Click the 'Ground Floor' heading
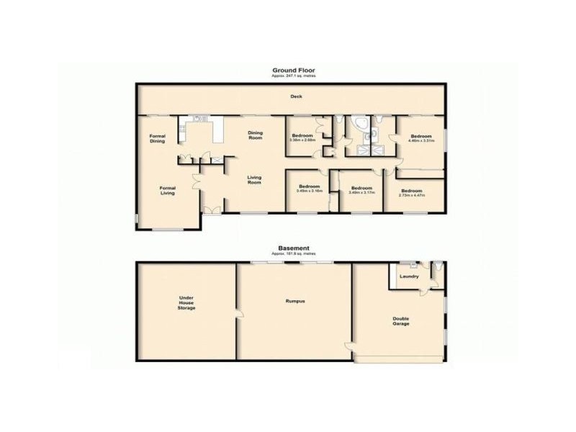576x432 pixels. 293,70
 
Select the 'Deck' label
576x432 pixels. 295,96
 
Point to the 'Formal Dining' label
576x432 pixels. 158,138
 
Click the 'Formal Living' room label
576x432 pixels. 168,191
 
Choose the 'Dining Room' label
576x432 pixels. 256,135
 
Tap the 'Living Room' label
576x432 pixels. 254,180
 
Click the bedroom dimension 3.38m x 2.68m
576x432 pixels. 302,140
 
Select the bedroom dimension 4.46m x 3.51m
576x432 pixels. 421,141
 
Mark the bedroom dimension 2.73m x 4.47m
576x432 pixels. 412,195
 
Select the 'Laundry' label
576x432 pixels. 409,276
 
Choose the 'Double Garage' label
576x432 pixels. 401,321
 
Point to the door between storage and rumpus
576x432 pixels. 238,312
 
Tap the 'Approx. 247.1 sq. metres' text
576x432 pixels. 293,76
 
